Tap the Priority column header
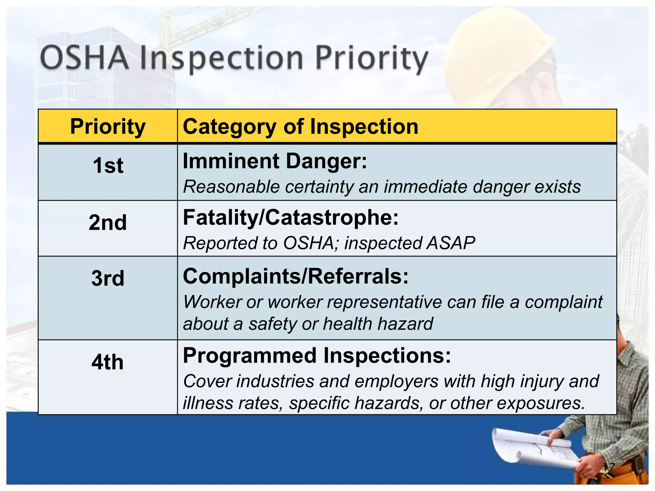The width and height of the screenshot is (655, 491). pos(108,127)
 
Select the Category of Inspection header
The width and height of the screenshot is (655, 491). pos(300,127)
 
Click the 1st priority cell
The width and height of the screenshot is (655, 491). pos(108,166)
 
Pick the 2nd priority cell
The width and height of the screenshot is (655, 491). pos(108,222)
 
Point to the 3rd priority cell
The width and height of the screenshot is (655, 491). pos(108,278)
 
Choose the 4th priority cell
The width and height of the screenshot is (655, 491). pos(108,362)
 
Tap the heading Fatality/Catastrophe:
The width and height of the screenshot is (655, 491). pos(291,218)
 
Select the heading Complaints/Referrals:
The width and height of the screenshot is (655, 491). pos(296,276)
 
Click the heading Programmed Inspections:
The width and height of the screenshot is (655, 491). pos(317,355)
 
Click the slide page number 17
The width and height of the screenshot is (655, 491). pos(609,467)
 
